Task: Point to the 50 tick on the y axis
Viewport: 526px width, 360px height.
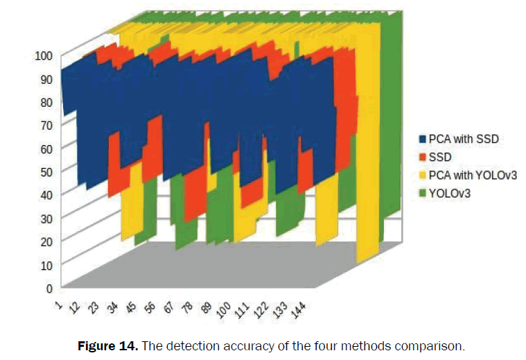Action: pyautogui.click(x=46, y=171)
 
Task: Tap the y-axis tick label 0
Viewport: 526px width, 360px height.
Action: pyautogui.click(x=49, y=286)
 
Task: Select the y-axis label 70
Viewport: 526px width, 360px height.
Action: pyautogui.click(x=46, y=125)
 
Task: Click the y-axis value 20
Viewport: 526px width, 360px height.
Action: pyautogui.click(x=46, y=241)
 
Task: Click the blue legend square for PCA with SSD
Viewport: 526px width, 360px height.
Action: pyautogui.click(x=423, y=139)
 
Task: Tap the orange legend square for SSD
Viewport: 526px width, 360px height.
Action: pyautogui.click(x=423, y=157)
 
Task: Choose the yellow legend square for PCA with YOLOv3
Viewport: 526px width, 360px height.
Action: pyautogui.click(x=423, y=175)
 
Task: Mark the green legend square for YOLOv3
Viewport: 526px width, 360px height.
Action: pyautogui.click(x=423, y=194)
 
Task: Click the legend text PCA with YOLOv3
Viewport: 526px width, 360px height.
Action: pyautogui.click(x=473, y=175)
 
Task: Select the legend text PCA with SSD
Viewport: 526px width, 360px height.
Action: pyautogui.click(x=464, y=139)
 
